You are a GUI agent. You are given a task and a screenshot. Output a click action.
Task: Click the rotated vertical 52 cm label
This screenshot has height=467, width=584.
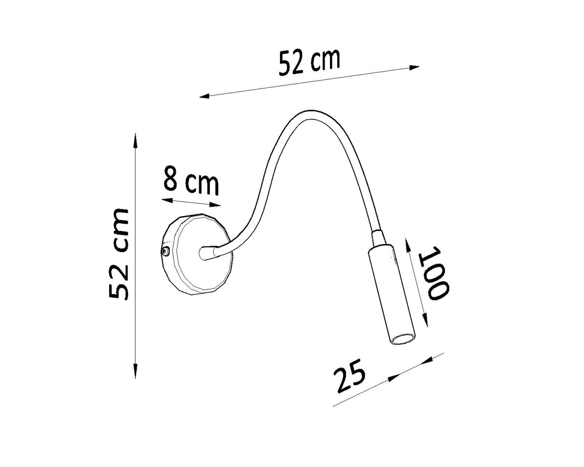click(x=118, y=254)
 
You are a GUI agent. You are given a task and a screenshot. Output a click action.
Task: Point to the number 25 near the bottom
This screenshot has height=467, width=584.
click(x=350, y=376)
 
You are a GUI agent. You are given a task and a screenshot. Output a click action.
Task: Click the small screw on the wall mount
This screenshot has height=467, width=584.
click(x=165, y=251)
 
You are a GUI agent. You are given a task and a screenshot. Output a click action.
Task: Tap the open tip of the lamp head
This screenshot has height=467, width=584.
click(x=403, y=340)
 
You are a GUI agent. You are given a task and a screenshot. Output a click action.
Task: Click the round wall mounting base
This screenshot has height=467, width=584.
click(x=196, y=254)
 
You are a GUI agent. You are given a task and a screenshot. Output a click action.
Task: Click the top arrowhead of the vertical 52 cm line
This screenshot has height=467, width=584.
click(x=135, y=140)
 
